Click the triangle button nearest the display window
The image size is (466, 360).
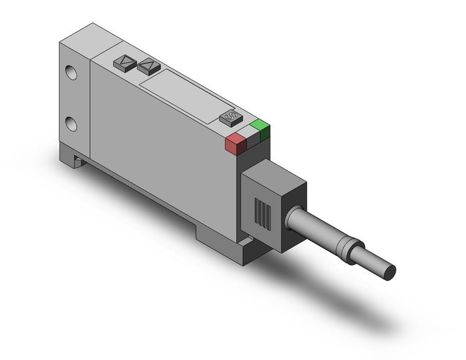[x=148, y=65]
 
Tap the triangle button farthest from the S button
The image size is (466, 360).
[x=124, y=61]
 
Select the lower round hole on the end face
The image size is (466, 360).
[x=72, y=124]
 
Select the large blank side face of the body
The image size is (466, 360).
[x=159, y=153]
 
